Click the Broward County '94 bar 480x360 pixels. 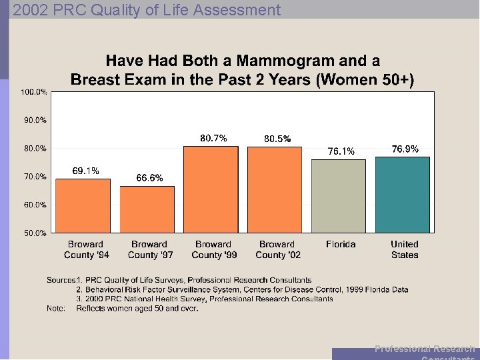[x=83, y=205]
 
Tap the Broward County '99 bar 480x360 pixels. [x=211, y=189]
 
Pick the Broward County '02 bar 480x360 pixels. [x=275, y=189]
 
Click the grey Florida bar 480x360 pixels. [x=339, y=196]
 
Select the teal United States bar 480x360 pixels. [x=403, y=195]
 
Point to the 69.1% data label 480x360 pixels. [x=86, y=171]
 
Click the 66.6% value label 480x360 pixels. [x=149, y=178]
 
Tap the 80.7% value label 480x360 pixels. [x=213, y=138]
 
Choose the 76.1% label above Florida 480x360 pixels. [x=341, y=151]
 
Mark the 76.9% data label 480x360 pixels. [x=405, y=149]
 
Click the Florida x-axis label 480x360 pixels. [x=341, y=244]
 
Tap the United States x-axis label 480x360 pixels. [x=405, y=249]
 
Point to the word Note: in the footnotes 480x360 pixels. [x=56, y=309]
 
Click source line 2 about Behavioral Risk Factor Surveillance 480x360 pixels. [x=242, y=290]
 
